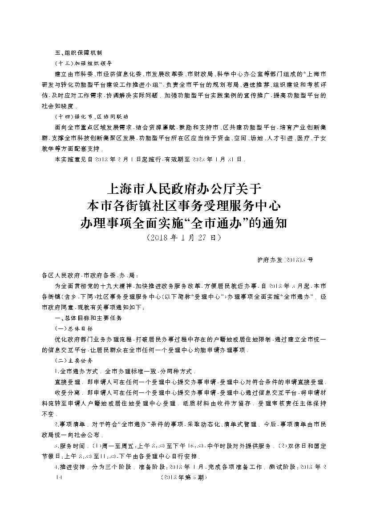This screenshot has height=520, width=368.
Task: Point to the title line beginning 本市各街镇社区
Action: coord(184,206)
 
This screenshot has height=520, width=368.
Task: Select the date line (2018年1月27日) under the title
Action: coord(184,238)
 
